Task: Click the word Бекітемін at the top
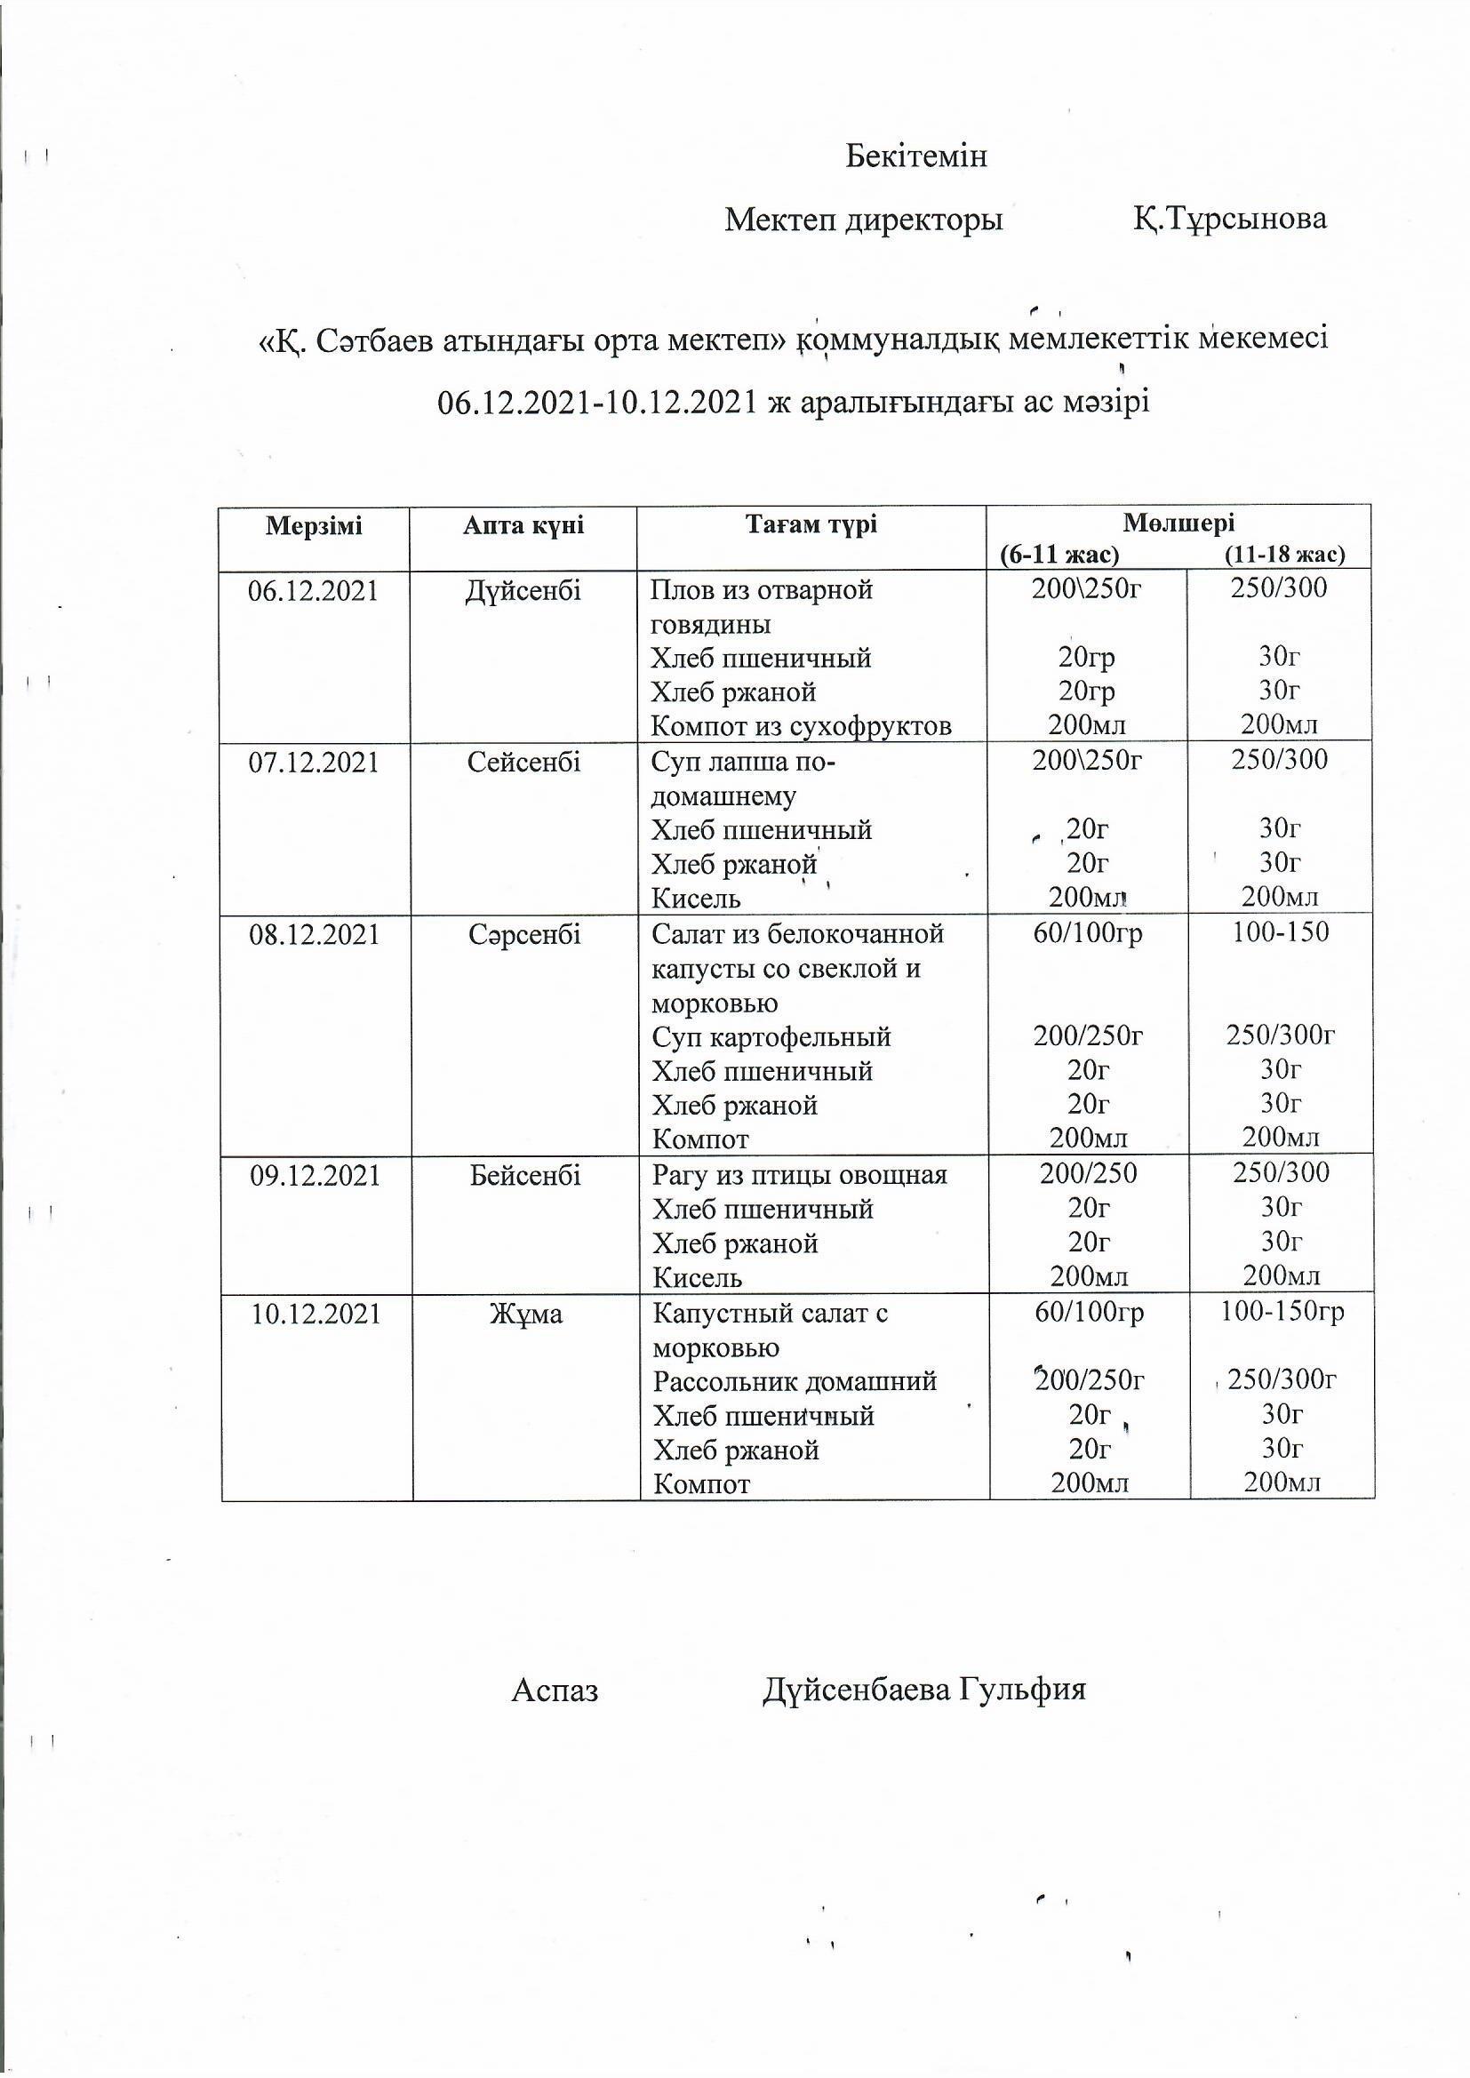point(915,156)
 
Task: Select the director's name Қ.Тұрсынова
point(1229,219)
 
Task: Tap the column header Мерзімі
point(313,526)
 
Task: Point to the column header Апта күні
point(523,526)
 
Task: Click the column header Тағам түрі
point(811,525)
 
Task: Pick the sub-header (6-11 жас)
point(1059,554)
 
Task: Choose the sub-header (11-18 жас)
point(1283,554)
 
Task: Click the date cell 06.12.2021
point(313,591)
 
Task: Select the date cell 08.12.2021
point(314,934)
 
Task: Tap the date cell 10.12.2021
point(316,1314)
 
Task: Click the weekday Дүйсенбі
point(523,591)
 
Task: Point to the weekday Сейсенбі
point(523,762)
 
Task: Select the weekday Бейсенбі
point(525,1176)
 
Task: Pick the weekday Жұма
point(526,1314)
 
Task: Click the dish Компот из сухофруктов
point(801,726)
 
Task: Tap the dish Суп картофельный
point(771,1036)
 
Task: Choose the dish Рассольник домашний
point(795,1382)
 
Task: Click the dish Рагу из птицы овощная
point(799,1176)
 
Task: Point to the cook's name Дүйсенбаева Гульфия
point(923,1690)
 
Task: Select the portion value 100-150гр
point(1282,1312)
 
